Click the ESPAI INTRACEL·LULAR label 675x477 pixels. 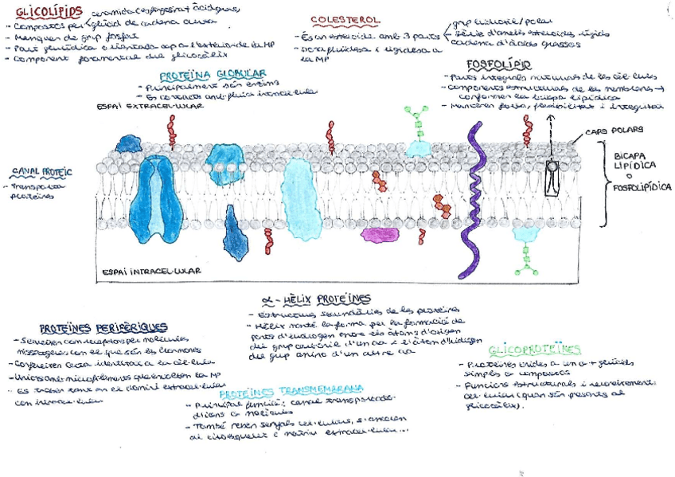151,271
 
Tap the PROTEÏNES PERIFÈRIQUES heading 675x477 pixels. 103,326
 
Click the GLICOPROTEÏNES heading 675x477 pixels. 535,349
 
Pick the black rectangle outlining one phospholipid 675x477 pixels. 552,177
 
